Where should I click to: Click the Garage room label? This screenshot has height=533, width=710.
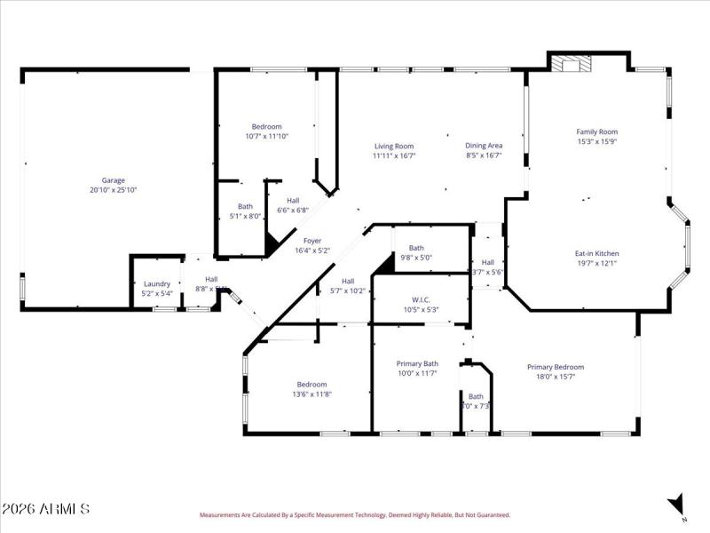(113, 179)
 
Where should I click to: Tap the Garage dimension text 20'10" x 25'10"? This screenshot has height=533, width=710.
(113, 190)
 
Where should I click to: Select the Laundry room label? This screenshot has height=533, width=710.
(156, 284)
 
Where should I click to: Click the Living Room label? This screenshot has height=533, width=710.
(394, 146)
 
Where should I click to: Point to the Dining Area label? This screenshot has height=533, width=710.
(484, 146)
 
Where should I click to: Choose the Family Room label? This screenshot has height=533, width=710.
(596, 131)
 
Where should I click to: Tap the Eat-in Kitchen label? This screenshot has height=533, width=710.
(596, 253)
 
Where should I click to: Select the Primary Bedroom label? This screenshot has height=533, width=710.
(556, 367)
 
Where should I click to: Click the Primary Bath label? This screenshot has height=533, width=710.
(417, 363)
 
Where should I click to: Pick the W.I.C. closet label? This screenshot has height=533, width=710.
(421, 299)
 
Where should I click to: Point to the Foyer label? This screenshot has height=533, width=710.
(312, 241)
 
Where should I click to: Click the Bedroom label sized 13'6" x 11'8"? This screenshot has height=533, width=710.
(312, 385)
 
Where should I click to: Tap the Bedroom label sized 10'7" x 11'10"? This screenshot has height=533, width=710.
(266, 126)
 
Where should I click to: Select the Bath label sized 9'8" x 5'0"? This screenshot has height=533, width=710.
(415, 248)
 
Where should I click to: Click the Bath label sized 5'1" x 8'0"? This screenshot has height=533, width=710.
(244, 206)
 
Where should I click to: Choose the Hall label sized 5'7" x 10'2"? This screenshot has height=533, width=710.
(348, 281)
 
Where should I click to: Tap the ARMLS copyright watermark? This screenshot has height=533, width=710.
(45, 509)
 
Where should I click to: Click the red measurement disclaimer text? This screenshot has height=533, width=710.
(354, 514)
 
